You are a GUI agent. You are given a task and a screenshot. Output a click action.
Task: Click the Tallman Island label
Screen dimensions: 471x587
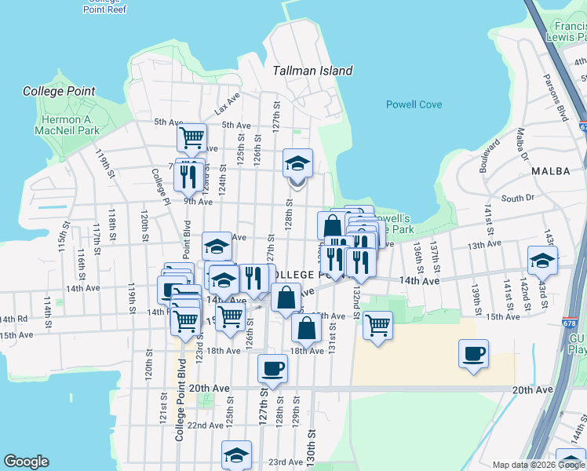(312, 71)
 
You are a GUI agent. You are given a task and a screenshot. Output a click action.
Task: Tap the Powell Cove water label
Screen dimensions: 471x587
(414, 104)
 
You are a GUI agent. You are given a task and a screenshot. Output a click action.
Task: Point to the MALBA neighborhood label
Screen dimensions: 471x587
(549, 170)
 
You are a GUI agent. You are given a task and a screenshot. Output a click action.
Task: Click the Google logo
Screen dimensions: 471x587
(26, 462)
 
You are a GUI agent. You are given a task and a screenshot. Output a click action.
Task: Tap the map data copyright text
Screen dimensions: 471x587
(538, 464)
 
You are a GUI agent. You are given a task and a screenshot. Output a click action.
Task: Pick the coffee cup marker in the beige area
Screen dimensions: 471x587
(473, 354)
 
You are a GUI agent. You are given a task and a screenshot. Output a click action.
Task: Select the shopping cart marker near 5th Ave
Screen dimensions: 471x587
(191, 138)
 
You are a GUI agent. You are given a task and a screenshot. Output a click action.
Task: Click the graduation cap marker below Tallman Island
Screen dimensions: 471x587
(297, 164)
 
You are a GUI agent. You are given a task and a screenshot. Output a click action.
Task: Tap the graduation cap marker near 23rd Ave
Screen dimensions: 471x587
(236, 455)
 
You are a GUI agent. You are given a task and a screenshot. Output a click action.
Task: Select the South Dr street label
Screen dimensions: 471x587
(517, 199)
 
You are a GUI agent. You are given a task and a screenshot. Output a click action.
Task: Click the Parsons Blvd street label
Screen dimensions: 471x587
(556, 97)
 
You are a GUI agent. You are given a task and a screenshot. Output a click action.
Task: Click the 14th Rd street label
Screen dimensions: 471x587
(13, 319)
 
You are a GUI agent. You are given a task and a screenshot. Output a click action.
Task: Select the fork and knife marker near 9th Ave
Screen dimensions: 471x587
(188, 176)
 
